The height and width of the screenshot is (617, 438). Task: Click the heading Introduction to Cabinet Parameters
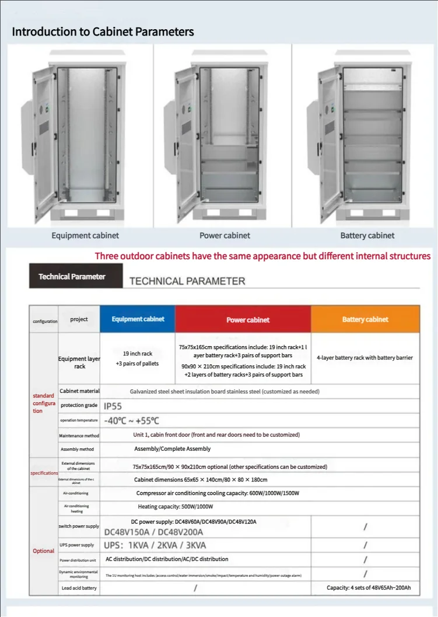[103, 32]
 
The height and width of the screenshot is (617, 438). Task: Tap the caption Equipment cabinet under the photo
[85, 235]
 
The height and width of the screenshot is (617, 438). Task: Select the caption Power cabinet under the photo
[225, 235]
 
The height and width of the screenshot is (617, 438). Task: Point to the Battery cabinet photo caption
[367, 235]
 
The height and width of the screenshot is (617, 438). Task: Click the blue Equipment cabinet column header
[138, 319]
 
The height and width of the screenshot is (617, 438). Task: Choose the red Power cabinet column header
[248, 320]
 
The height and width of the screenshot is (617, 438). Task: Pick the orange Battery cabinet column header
[365, 319]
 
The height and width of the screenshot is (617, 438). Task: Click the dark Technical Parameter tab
[72, 276]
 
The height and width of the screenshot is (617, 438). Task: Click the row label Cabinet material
[79, 391]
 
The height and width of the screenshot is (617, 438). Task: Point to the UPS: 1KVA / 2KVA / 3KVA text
[155, 545]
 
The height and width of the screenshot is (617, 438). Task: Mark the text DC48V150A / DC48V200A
[153, 532]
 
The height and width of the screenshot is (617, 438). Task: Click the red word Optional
[43, 551]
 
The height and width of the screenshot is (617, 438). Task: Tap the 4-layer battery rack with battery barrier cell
[365, 357]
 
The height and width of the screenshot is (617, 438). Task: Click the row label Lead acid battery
[79, 588]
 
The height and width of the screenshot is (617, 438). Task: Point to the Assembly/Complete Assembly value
[173, 449]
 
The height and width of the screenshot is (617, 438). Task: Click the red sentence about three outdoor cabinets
[262, 256]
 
